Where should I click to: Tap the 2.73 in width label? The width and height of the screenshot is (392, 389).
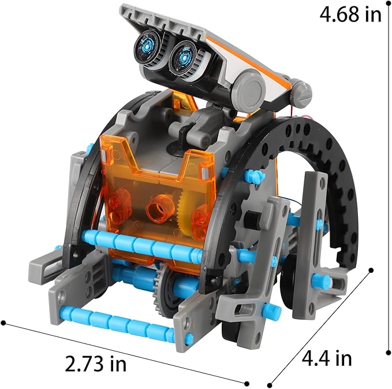(x=95, y=364)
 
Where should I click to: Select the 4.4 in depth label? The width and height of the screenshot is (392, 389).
(x=327, y=358)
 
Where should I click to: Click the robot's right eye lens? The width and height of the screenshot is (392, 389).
(x=185, y=56)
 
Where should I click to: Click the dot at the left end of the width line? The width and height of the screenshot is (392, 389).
(x=5, y=323)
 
